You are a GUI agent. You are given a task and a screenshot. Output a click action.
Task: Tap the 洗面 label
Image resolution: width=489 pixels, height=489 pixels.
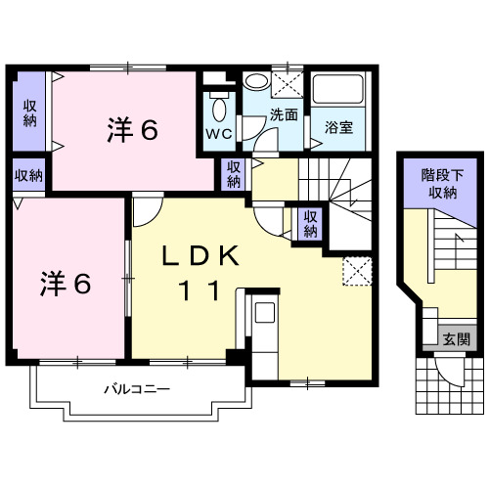click(x=285, y=114)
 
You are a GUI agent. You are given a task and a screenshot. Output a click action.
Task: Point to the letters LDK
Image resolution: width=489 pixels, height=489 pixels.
click(x=200, y=256)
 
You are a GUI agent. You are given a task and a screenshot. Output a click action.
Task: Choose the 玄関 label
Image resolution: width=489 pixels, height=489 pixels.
click(x=456, y=339)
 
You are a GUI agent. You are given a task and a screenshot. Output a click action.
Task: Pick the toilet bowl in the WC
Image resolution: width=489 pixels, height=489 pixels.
click(x=218, y=107)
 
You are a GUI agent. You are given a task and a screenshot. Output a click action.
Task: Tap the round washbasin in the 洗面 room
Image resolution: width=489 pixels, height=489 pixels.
click(x=255, y=82)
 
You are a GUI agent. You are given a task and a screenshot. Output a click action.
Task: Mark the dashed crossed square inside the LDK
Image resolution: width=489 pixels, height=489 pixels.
click(x=353, y=271)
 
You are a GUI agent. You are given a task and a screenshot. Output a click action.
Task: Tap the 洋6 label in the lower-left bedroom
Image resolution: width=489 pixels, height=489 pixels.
click(x=66, y=284)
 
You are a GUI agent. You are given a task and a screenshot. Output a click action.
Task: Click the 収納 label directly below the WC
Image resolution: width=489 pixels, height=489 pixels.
click(x=234, y=175)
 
